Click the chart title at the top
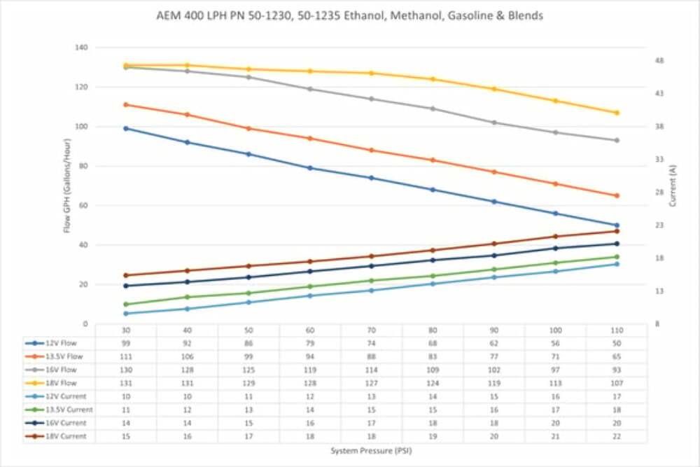(x=349, y=15)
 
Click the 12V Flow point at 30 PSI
(x=126, y=128)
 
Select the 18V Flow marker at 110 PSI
(x=617, y=113)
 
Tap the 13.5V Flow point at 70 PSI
(x=372, y=150)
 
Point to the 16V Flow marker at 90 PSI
(x=494, y=123)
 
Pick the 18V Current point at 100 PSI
(x=556, y=236)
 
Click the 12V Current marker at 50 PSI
(x=248, y=302)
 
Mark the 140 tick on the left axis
(x=83, y=48)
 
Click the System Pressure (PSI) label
(x=371, y=451)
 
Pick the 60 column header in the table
(x=310, y=330)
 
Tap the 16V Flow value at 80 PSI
(x=433, y=370)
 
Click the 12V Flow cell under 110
(x=617, y=343)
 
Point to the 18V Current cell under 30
(x=126, y=436)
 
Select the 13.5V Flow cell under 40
(x=188, y=356)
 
